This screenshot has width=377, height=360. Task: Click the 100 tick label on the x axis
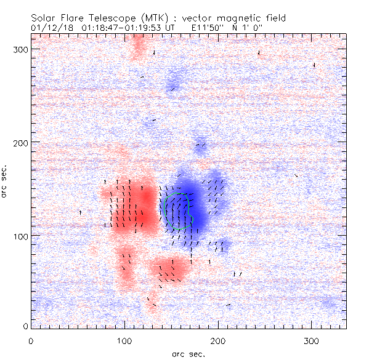click(x=124, y=340)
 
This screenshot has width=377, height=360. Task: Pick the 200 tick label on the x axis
click(x=218, y=340)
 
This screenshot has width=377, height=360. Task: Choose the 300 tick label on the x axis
click(x=312, y=340)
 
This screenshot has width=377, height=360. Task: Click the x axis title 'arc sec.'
click(x=188, y=353)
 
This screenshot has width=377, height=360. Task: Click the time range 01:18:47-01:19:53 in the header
click(x=116, y=28)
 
